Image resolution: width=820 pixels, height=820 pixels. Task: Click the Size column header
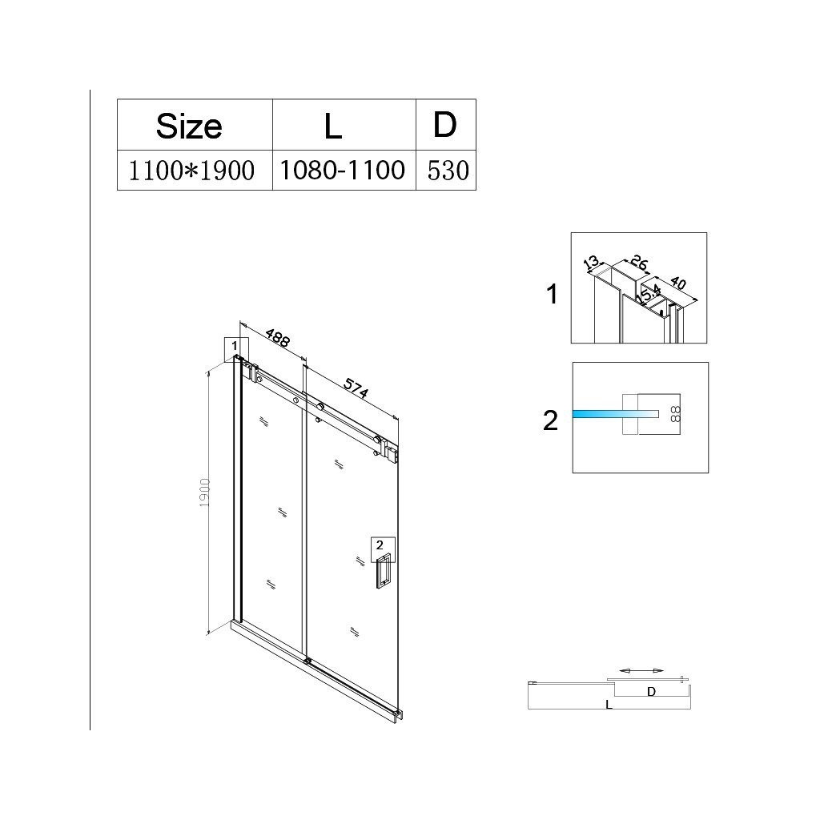189,125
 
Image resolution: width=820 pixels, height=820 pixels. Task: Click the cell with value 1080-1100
344,170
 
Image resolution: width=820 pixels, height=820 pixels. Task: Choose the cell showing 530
447,171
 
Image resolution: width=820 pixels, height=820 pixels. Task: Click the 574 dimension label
355,388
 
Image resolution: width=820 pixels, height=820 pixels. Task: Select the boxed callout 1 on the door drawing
235,346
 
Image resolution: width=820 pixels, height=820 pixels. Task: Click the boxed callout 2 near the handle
380,545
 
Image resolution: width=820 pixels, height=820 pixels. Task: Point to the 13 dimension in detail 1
591,263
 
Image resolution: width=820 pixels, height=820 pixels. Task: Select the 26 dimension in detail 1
638,262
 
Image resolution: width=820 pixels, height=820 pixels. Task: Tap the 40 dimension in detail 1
677,283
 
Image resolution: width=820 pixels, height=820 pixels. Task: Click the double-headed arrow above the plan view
641,670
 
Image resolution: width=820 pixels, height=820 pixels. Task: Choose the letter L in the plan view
609,705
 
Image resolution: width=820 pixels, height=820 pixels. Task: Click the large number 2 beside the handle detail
550,420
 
